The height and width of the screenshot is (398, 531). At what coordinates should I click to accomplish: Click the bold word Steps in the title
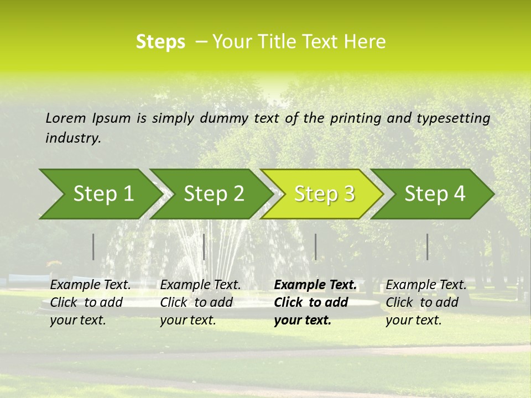[x=160, y=41]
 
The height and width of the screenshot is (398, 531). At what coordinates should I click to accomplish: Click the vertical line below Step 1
[x=93, y=247]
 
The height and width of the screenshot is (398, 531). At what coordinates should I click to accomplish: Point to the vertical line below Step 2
[x=204, y=247]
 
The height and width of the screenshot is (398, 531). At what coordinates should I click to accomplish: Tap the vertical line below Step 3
[x=315, y=247]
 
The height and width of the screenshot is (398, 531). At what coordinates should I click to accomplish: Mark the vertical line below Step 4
[x=428, y=247]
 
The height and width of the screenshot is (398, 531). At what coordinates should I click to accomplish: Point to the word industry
[x=73, y=138]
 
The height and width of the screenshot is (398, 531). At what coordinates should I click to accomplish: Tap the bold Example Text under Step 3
[x=315, y=285]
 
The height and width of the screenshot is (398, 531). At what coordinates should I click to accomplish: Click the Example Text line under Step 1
[x=90, y=285]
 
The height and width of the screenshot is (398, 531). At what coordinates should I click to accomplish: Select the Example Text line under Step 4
[x=426, y=285]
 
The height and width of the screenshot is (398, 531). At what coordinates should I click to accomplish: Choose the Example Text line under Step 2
[x=200, y=285]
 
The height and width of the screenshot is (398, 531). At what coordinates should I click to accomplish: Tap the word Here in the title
[x=365, y=41]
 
